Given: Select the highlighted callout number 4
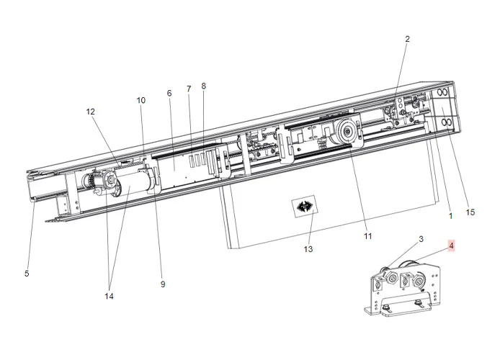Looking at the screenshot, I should (452, 246).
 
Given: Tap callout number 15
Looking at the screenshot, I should (471, 212).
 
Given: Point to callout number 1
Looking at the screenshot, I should (451, 215).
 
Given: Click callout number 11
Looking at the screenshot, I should (367, 235).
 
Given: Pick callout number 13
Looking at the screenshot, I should (308, 249).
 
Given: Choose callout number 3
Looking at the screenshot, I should (421, 238).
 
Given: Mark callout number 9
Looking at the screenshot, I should (163, 284).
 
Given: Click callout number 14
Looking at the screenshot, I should (109, 296).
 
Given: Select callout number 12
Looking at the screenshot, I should (91, 112).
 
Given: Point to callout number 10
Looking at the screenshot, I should (141, 101).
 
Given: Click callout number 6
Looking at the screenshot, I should (169, 94).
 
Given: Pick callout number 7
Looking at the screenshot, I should (189, 89).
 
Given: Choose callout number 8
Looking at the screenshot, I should (204, 86).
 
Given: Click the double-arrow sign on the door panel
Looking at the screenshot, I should (304, 207).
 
